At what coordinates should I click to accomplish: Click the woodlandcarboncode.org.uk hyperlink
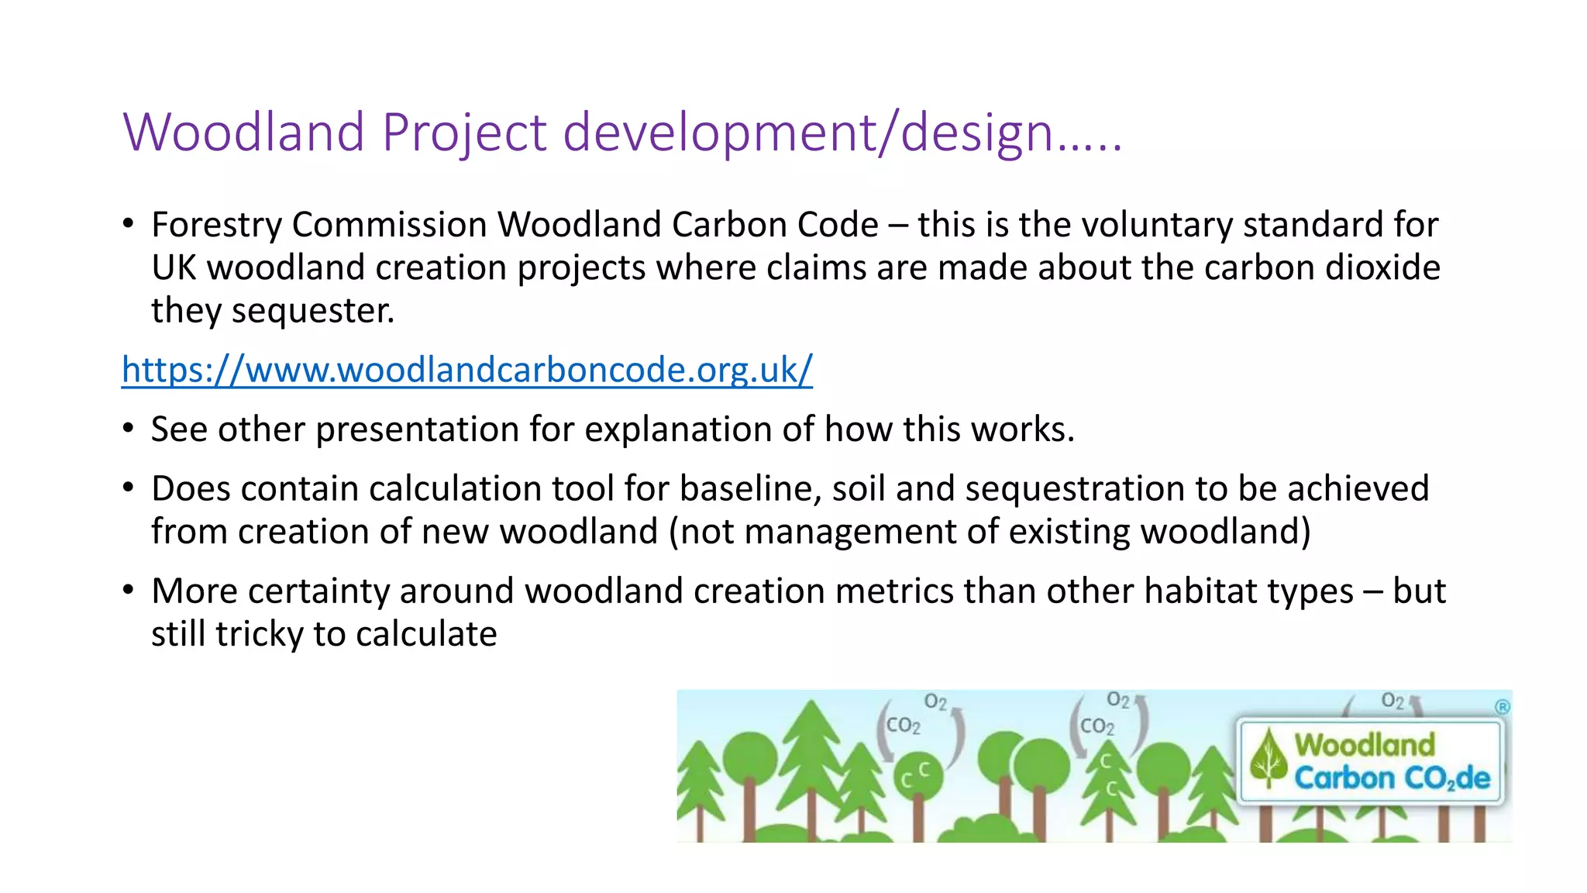[466, 371]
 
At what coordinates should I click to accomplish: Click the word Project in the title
[464, 132]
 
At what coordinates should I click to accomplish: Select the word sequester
[312, 311]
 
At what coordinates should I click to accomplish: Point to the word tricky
[259, 634]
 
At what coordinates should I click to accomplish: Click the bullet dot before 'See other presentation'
[129, 429]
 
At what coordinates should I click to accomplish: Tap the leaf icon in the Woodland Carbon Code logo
[1268, 758]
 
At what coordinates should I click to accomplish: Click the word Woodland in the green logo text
[1365, 744]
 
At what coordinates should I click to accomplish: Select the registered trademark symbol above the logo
[1502, 706]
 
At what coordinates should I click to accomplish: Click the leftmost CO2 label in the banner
[903, 726]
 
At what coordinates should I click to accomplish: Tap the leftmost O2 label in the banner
[935, 702]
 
